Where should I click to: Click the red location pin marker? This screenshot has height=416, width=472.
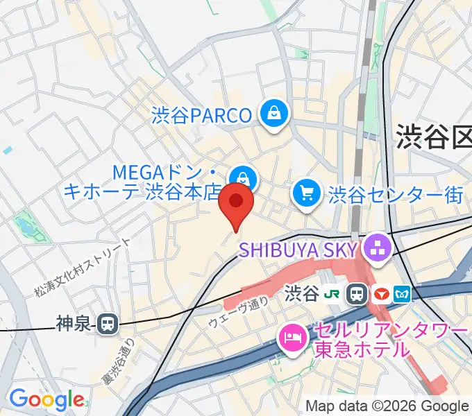click(236, 203)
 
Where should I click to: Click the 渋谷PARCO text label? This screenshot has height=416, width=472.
click(201, 114)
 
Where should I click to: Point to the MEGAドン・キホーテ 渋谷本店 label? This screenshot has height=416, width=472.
click(149, 181)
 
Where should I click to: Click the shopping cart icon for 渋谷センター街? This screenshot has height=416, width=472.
click(307, 193)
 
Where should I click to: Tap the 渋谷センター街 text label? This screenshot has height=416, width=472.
click(396, 195)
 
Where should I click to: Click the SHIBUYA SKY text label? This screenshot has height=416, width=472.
click(298, 249)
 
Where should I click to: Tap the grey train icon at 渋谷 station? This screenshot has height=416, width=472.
click(358, 295)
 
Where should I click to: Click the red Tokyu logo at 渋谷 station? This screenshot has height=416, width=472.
click(380, 295)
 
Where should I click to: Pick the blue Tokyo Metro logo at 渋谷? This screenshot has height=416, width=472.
click(401, 295)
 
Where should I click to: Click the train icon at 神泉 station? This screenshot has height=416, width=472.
click(108, 323)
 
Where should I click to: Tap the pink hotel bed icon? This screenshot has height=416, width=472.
click(289, 338)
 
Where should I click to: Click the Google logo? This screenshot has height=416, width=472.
click(47, 399)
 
